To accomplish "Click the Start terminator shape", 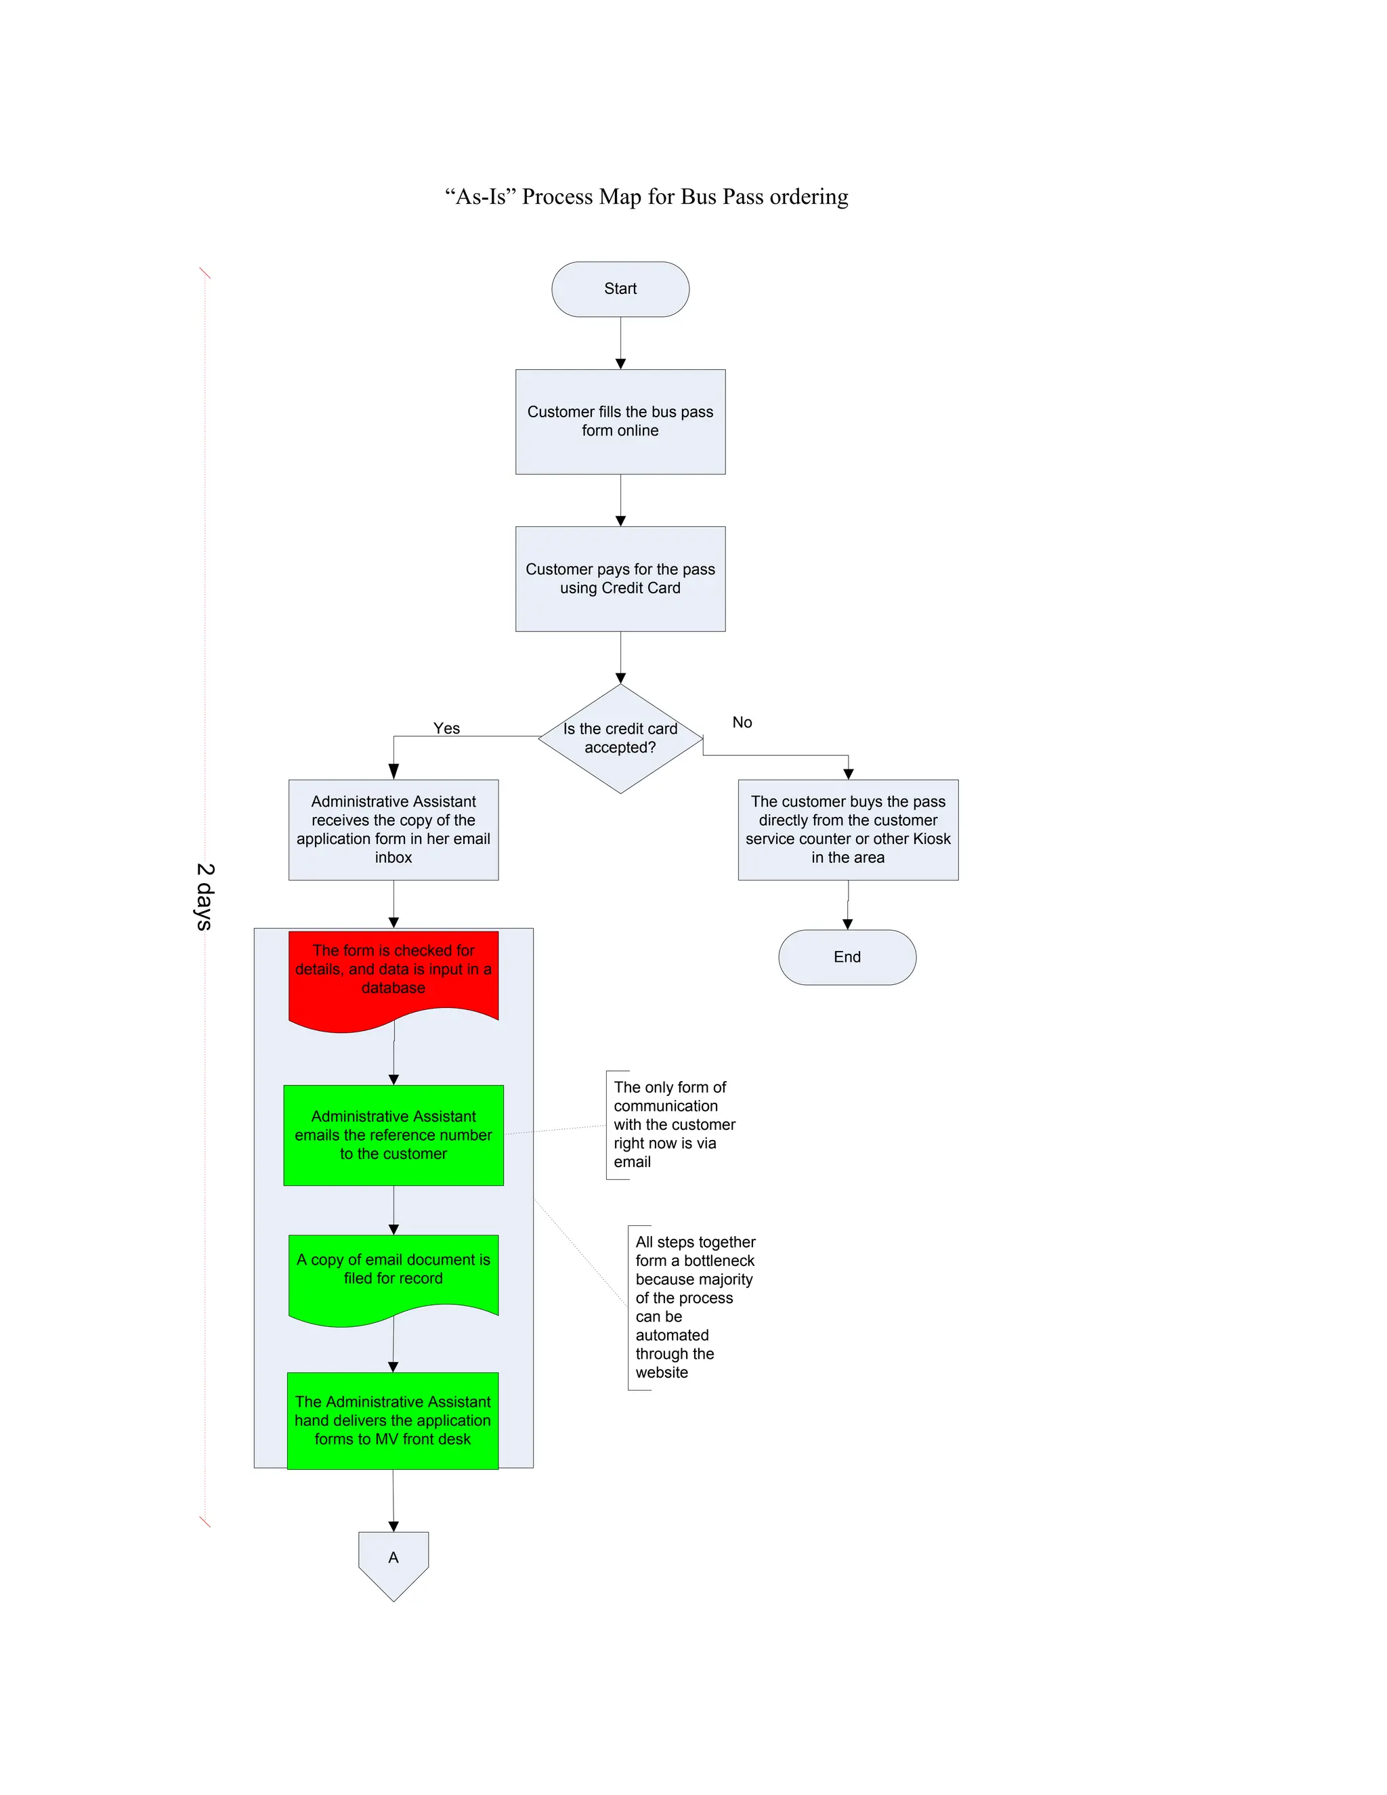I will coord(620,289).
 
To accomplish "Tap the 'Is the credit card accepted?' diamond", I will coord(620,738).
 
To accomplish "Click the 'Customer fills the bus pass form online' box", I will coord(620,421).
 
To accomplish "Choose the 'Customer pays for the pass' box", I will coord(620,578).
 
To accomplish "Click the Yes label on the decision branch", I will coord(446,728).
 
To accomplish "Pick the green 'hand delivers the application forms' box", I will coord(393,1420).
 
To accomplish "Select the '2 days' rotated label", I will coord(205,896).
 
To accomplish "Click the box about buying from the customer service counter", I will coord(847,828).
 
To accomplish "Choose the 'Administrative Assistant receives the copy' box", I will coord(393,828).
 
